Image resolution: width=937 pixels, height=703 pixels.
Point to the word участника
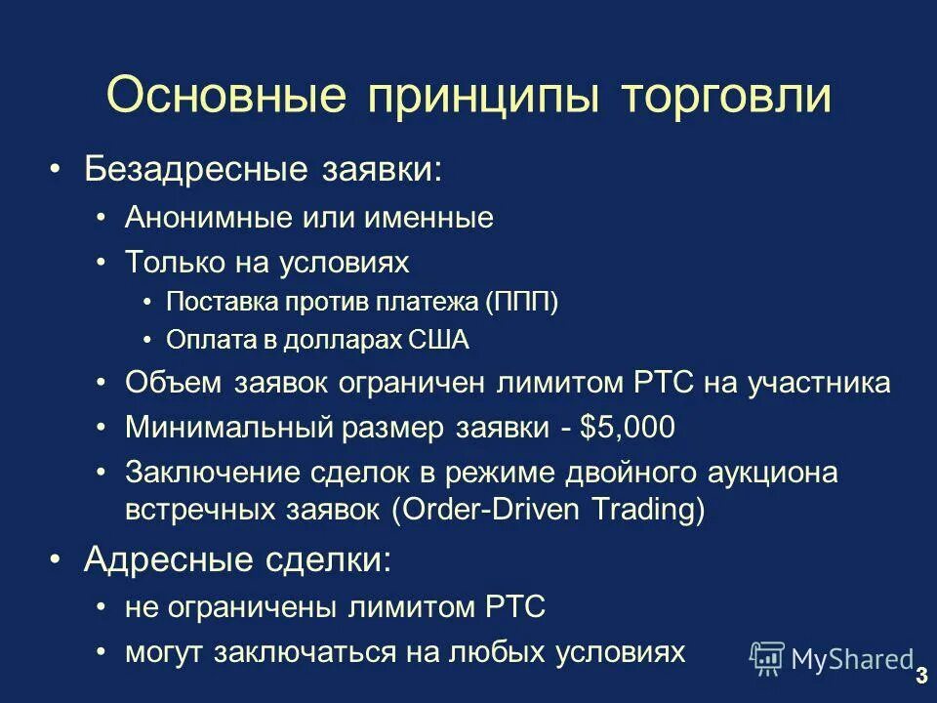819,383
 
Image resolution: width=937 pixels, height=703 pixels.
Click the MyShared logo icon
767,658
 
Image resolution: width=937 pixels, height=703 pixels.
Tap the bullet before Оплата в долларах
146,340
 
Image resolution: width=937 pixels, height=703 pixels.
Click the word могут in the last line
161,653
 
